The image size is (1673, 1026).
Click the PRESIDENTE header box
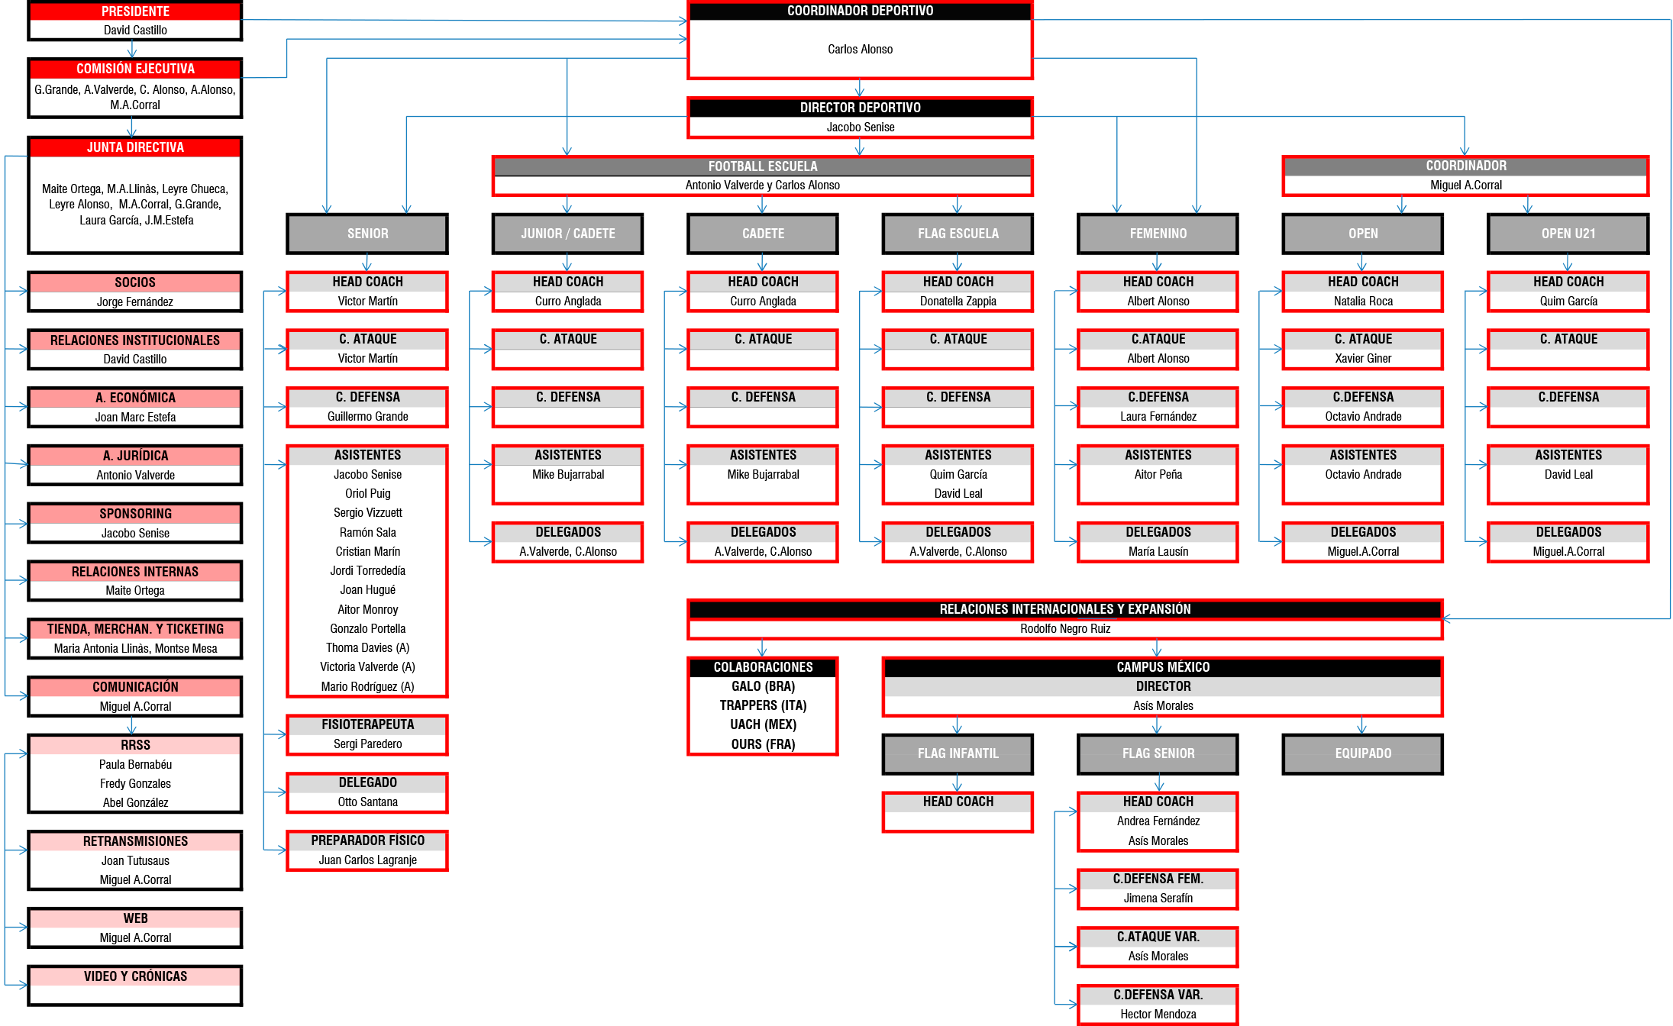135,11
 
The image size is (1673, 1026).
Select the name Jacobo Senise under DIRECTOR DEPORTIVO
860,127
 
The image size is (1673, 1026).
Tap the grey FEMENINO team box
1158,234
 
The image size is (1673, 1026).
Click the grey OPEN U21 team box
1568,234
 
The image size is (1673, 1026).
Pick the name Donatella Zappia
958,302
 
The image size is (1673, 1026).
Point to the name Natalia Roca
1363,302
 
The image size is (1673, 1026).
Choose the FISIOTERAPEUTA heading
367,724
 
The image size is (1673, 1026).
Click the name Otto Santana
367,802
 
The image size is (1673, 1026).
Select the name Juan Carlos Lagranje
367,860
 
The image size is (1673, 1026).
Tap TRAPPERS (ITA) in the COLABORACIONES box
763,705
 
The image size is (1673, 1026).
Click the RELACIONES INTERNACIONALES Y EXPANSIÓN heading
1064,609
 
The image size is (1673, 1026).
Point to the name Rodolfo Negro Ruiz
1064,629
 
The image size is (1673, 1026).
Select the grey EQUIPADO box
1363,753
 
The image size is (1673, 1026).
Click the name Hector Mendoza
1158,1015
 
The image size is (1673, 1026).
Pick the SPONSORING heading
135,514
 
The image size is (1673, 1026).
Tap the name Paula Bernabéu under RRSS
135,765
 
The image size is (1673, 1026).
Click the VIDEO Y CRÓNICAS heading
135,976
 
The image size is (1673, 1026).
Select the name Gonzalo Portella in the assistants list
367,629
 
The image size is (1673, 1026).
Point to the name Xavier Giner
1363,359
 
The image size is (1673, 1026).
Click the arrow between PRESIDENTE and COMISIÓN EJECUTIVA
132,49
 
